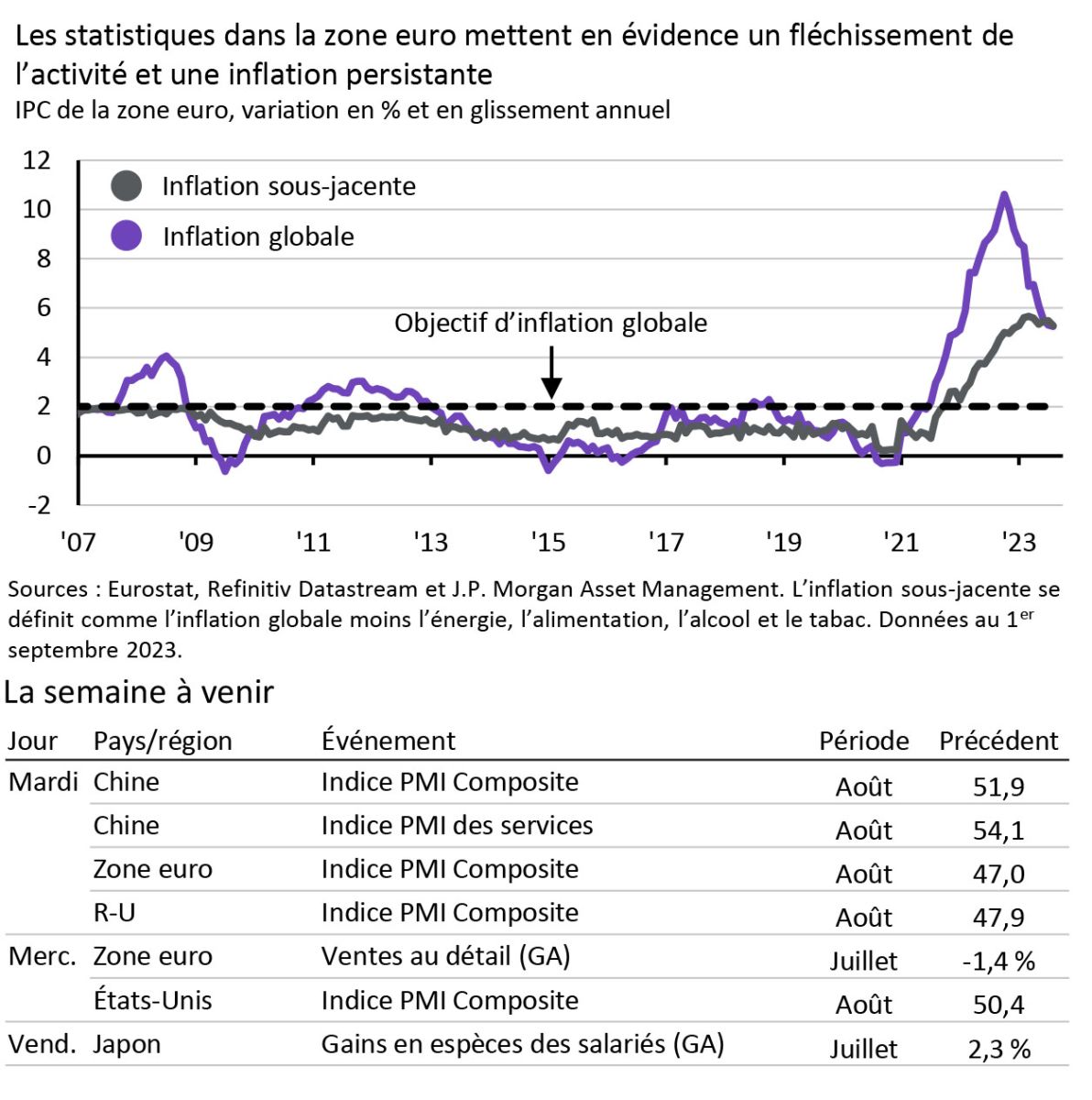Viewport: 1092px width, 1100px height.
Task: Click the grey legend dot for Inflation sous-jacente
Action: (x=126, y=186)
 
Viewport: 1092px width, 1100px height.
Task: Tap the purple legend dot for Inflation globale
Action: (x=126, y=236)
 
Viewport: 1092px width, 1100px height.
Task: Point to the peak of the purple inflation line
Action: (x=1004, y=194)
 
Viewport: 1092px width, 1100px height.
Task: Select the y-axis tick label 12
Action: (x=37, y=160)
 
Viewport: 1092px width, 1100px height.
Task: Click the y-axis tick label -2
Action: (x=37, y=505)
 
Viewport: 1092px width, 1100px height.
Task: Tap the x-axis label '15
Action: (x=548, y=543)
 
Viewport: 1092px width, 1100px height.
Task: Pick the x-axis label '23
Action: (x=1018, y=543)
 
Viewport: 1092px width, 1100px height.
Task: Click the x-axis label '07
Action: (x=78, y=543)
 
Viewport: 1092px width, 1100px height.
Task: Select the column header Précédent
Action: (x=999, y=741)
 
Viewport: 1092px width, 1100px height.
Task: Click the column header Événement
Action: (x=388, y=741)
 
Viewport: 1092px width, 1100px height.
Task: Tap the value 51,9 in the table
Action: (x=999, y=786)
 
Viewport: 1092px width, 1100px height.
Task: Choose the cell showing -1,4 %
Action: (x=999, y=962)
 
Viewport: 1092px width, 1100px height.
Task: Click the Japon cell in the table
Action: (x=126, y=1044)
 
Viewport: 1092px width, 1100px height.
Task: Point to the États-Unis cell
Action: (x=152, y=1000)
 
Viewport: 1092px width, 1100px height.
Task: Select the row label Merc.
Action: (x=42, y=957)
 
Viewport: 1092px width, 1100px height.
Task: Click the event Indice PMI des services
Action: (x=456, y=825)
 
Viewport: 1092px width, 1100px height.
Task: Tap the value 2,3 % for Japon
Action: (x=999, y=1050)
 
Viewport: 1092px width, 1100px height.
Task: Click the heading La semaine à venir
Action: (x=139, y=692)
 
